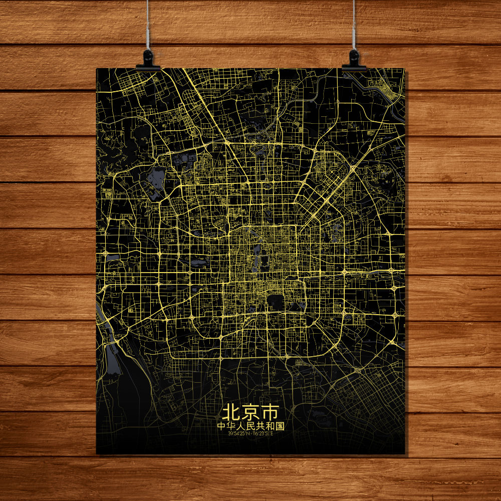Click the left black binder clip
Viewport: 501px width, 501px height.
(x=148, y=59)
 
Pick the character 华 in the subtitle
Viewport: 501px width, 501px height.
(x=232, y=426)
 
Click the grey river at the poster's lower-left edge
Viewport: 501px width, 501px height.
(x=111, y=351)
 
